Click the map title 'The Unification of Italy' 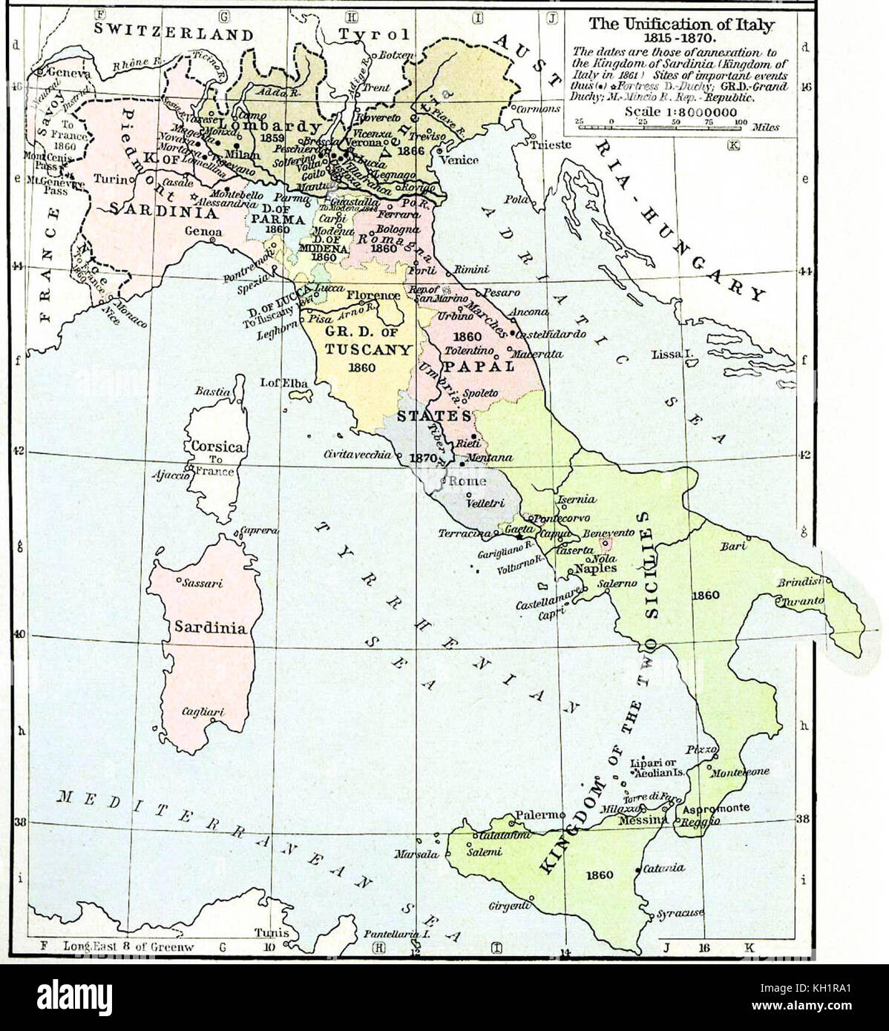point(680,24)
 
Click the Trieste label point(551,145)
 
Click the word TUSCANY point(361,349)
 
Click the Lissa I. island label point(672,355)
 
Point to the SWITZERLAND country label point(172,33)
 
